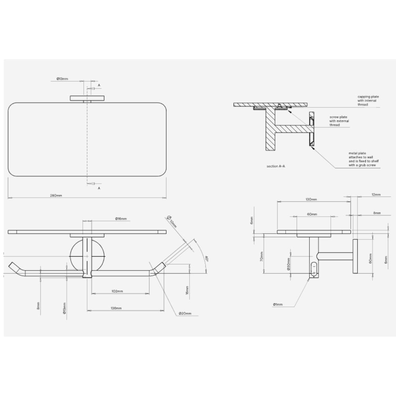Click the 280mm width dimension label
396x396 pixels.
pos(56,195)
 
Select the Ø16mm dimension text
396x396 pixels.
pos(121,219)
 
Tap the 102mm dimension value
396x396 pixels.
pos(117,291)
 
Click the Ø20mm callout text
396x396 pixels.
pos(185,313)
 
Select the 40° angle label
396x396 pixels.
pos(206,258)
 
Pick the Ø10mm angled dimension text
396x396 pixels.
pos(172,221)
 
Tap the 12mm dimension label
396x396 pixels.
pos(376,194)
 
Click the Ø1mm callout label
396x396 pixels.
pos(278,304)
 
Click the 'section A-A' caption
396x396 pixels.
pos(276,166)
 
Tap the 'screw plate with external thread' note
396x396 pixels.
pos(339,121)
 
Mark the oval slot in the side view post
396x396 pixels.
pos(313,268)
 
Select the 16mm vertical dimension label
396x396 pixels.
pos(187,290)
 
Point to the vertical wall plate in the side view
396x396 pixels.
pos(355,256)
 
